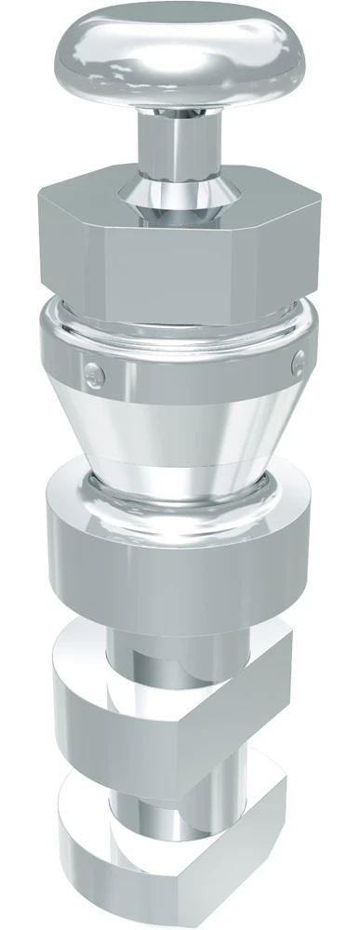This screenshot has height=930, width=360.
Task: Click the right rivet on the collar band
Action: [x=299, y=359]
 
